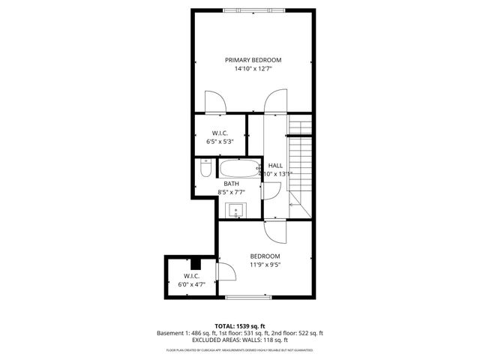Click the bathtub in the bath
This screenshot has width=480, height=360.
coord(237,168)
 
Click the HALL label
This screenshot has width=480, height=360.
coord(275,166)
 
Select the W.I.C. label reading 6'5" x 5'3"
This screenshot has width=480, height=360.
coord(219,137)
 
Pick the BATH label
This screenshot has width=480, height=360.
coord(231,184)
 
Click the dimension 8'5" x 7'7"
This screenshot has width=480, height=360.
coord(231,193)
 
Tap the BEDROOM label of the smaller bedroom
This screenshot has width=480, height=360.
coord(265,256)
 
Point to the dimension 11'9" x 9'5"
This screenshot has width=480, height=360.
coord(265,265)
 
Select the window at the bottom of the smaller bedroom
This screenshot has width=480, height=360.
coord(248,298)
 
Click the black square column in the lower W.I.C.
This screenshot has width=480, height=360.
coord(196,262)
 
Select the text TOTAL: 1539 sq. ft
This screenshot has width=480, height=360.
coord(240,326)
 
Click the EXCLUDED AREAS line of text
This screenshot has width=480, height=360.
coord(240,340)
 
